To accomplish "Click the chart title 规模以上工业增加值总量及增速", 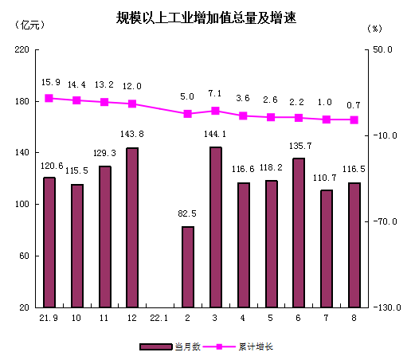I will (205, 18).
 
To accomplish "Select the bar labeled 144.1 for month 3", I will (215, 227).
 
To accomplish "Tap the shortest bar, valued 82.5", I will (188, 267).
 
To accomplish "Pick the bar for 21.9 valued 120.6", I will (49, 241).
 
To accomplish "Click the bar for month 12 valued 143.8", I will (132, 227).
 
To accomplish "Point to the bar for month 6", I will (299, 233).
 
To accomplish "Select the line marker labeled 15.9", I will (49, 98).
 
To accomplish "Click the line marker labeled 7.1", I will (215, 111).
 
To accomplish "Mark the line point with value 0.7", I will (354, 120).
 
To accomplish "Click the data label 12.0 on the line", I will (132, 86).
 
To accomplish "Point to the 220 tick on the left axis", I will (21, 49).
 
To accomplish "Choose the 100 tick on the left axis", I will (21, 205).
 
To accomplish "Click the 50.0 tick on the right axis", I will (382, 49).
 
